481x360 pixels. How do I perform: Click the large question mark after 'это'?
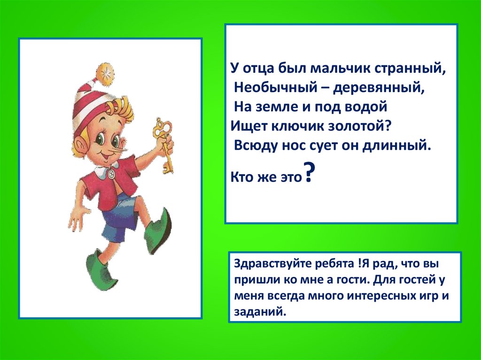click(309, 174)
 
